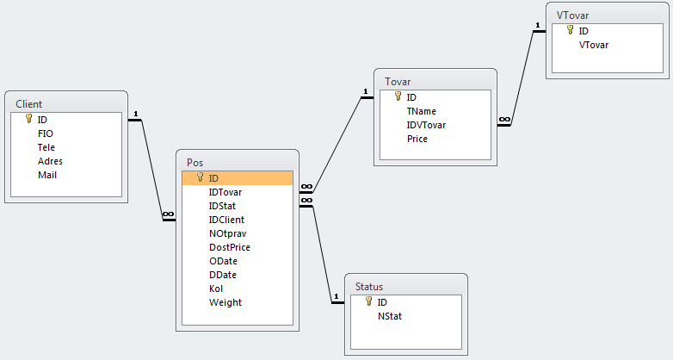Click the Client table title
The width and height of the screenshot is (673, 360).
(x=28, y=104)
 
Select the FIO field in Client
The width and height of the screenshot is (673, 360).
(x=46, y=133)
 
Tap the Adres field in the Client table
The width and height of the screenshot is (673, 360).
(x=50, y=161)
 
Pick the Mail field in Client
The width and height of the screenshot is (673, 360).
(x=47, y=175)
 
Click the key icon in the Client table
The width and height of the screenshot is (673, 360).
(x=28, y=120)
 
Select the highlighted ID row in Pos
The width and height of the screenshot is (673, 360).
(x=238, y=178)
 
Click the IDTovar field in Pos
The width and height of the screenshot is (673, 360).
(x=226, y=192)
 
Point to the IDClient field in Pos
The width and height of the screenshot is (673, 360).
(x=226, y=220)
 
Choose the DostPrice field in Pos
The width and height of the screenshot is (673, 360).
(x=230, y=247)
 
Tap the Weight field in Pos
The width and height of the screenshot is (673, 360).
(x=225, y=302)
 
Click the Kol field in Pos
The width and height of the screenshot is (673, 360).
(x=216, y=289)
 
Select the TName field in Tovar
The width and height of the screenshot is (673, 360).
(x=422, y=111)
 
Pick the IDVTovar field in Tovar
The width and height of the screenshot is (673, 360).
(x=427, y=125)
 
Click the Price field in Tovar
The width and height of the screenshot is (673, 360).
(x=417, y=139)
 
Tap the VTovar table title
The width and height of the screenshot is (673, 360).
(x=573, y=15)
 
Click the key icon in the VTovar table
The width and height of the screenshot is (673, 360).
(x=570, y=30)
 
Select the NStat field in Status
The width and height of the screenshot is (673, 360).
(x=390, y=316)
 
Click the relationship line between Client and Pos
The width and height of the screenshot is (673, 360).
(x=151, y=168)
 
